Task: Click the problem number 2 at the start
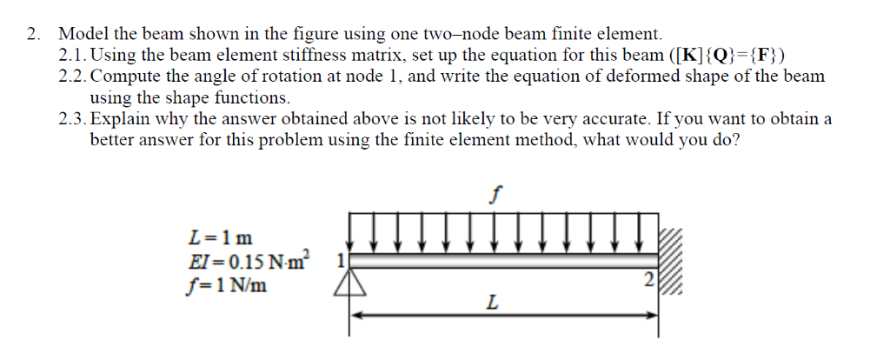32,35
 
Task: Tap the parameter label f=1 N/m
228,282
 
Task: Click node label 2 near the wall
645,281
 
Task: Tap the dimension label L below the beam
493,303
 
